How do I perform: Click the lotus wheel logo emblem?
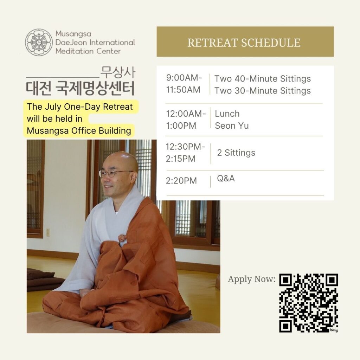pyautogui.click(x=39, y=42)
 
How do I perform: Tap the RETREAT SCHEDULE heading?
pyautogui.click(x=244, y=43)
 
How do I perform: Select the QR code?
pyautogui.click(x=309, y=303)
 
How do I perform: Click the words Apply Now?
pyautogui.click(x=252, y=279)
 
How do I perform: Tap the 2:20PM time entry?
pyautogui.click(x=181, y=181)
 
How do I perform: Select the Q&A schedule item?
pyautogui.click(x=226, y=178)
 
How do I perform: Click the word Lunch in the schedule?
pyautogui.click(x=227, y=114)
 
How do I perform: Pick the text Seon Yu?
pyautogui.click(x=232, y=126)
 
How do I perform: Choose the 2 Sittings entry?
pyautogui.click(x=236, y=153)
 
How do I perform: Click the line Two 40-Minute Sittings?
pyautogui.click(x=262, y=79)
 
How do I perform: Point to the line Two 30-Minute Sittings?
pyautogui.click(x=262, y=91)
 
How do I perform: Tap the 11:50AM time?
pyautogui.click(x=183, y=90)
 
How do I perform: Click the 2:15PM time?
pyautogui.click(x=180, y=159)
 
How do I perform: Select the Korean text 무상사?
pyautogui.click(x=118, y=72)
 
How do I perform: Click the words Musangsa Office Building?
pyautogui.click(x=79, y=131)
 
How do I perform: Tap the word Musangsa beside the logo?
pyautogui.click(x=73, y=34)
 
